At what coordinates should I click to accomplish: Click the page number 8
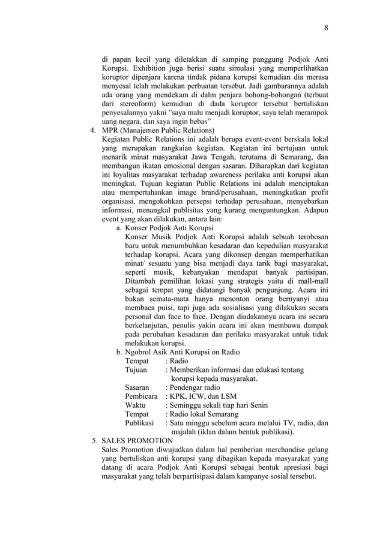click(327, 28)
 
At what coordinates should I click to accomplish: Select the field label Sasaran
click(137, 387)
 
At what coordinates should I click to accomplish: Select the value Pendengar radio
click(196, 387)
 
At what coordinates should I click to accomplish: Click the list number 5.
click(94, 441)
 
